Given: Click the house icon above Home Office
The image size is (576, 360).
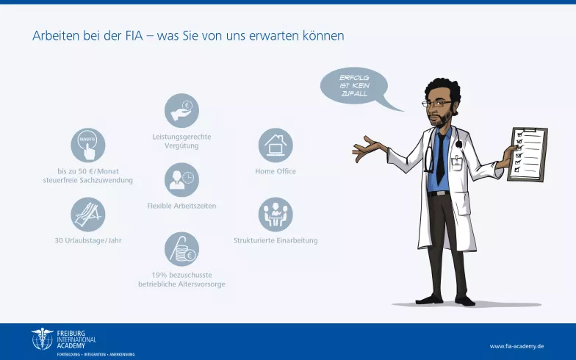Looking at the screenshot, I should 276,145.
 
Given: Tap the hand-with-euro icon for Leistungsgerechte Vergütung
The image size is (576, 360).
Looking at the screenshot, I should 181,110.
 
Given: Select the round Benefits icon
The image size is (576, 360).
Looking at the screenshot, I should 87,145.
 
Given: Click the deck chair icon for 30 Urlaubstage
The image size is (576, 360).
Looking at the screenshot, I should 88,215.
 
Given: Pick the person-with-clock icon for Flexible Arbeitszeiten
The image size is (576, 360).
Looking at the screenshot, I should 181,179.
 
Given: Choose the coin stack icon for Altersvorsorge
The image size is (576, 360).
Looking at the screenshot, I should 181,249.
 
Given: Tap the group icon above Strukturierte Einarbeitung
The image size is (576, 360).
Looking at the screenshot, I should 276,215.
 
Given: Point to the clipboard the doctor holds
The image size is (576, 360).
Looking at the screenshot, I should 528,152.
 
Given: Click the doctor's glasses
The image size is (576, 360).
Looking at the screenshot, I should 434,104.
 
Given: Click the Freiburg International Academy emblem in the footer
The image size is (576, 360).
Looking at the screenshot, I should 42,339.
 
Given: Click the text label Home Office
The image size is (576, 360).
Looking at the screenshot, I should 276,171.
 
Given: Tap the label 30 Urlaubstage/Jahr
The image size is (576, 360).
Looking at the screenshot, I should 88,240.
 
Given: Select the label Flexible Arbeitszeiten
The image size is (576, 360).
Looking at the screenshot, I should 181,206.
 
